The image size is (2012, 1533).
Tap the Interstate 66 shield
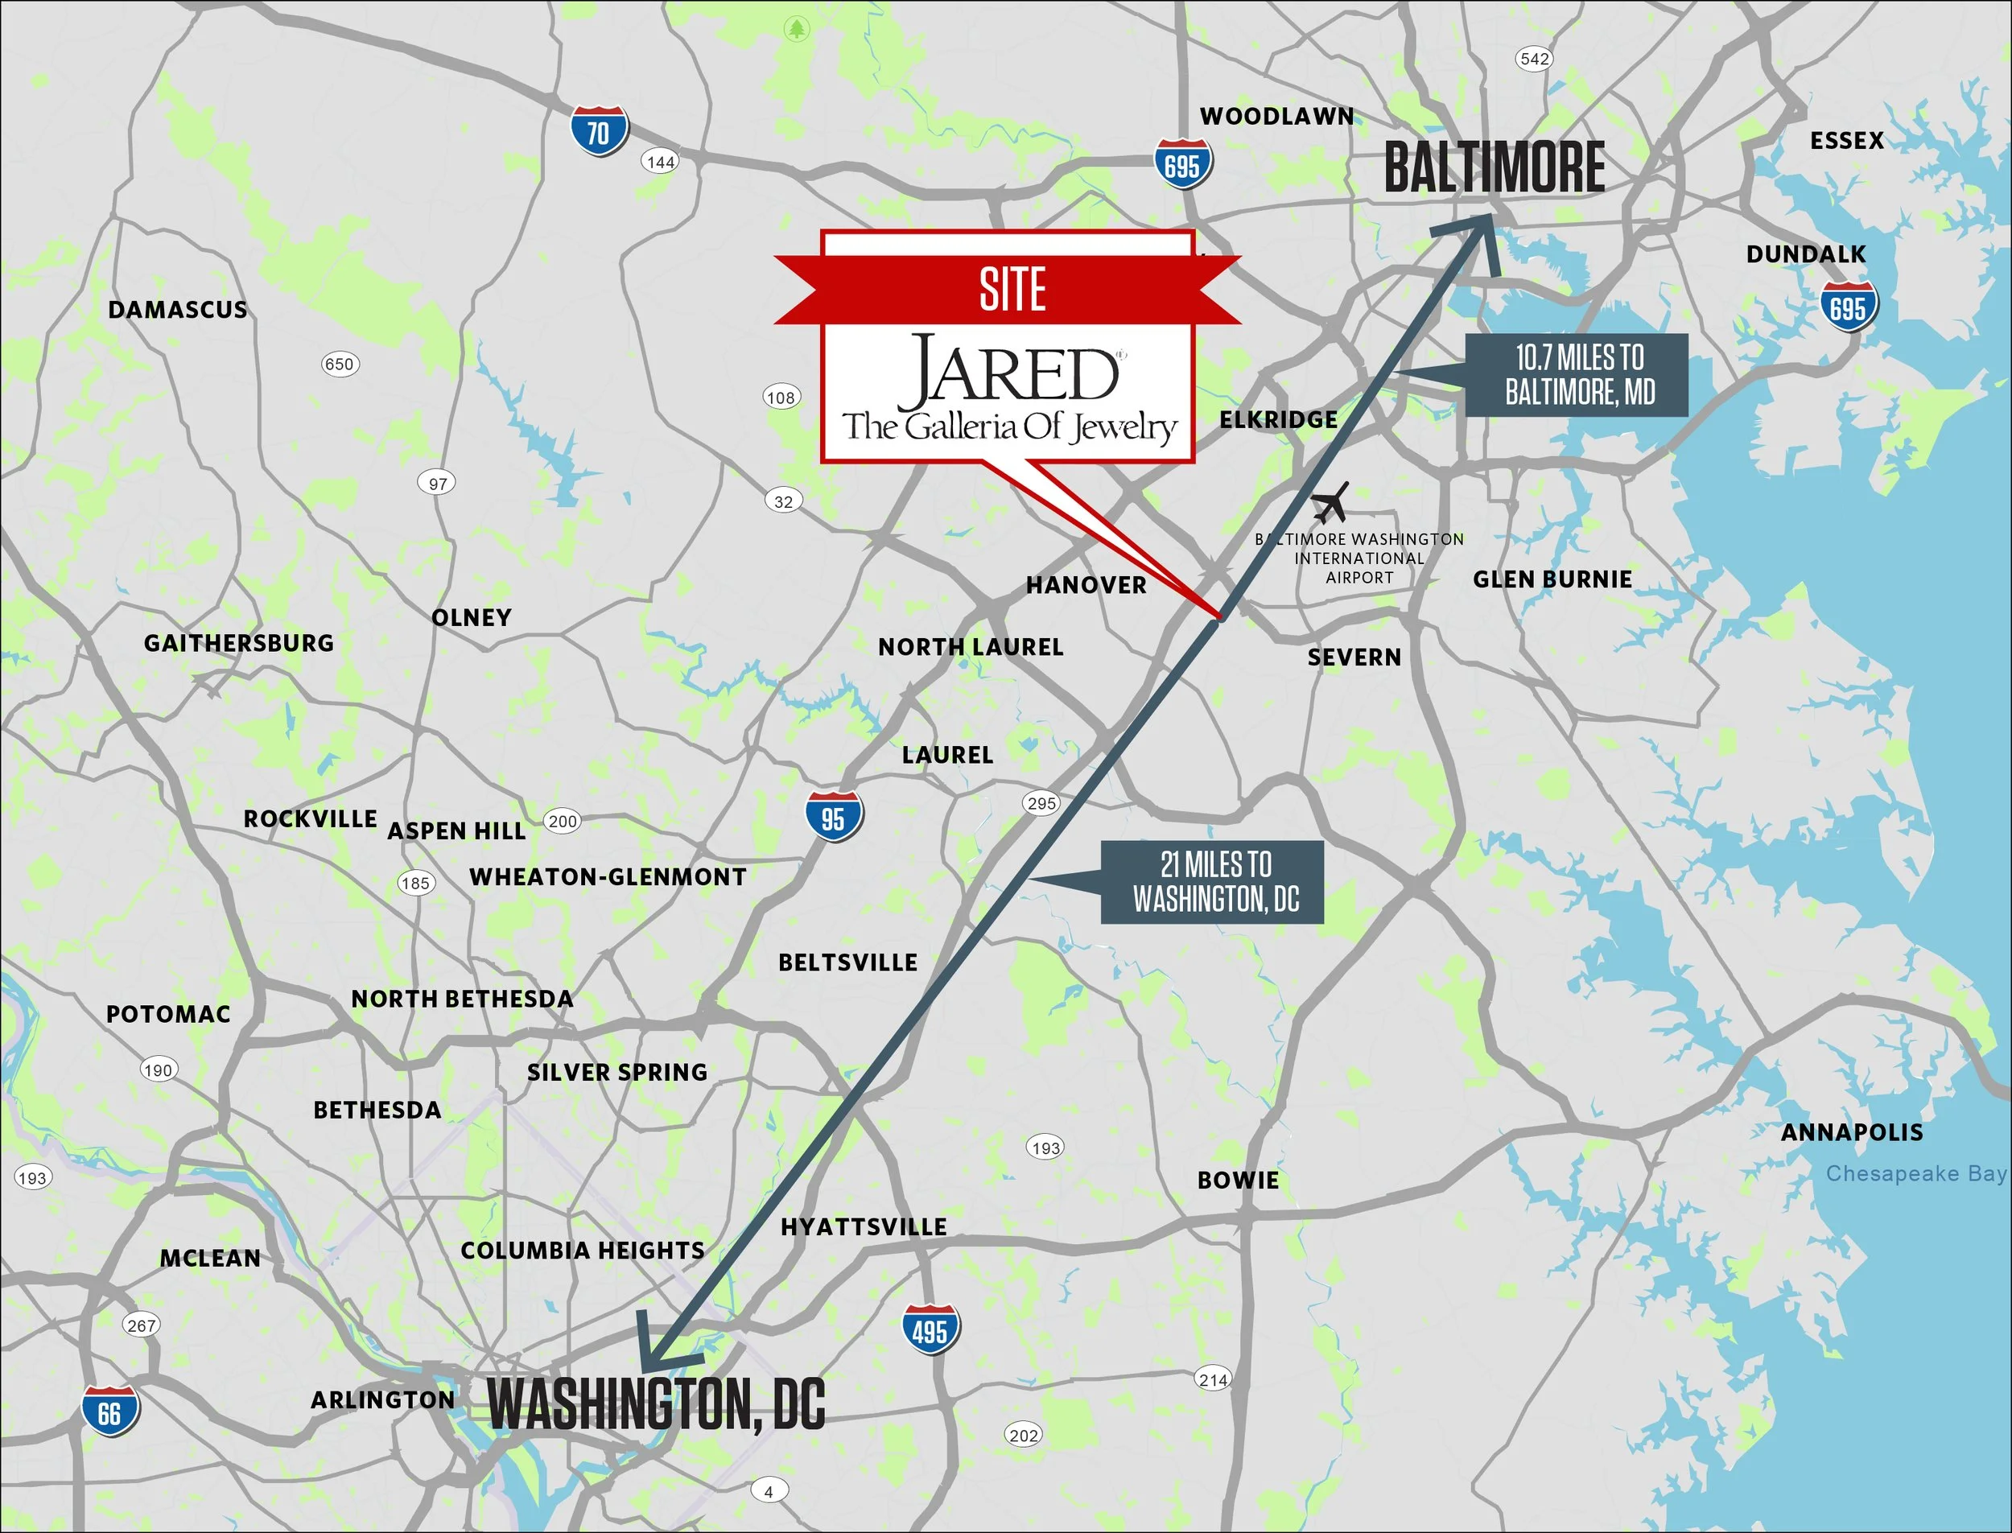point(109,1411)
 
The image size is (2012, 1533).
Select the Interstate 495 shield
point(930,1330)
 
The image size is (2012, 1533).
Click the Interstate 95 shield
point(833,818)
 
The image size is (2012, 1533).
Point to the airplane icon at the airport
point(1331,503)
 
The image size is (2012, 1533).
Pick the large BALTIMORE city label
point(1494,168)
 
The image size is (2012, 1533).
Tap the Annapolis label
point(1851,1132)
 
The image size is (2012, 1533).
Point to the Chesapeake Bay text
point(1915,1173)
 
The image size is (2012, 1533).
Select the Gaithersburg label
point(239,643)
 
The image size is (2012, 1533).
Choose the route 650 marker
point(340,364)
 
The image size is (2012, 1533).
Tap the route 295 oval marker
point(1041,803)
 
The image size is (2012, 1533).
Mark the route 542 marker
point(1534,60)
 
